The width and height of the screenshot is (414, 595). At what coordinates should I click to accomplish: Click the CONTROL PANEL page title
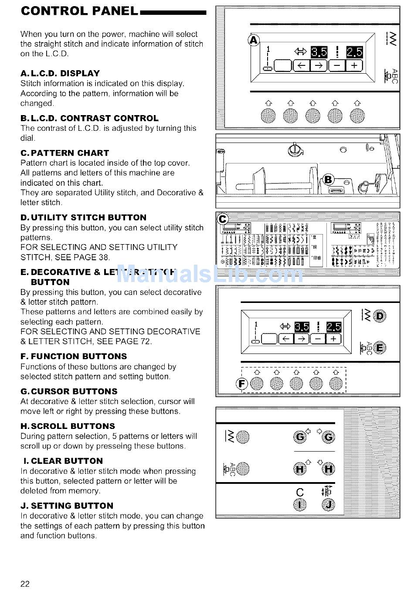click(x=79, y=11)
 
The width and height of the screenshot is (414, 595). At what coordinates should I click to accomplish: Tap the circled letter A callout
click(x=254, y=41)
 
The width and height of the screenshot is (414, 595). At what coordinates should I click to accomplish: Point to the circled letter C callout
click(x=223, y=219)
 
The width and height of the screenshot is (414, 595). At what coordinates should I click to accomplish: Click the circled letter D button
click(x=380, y=316)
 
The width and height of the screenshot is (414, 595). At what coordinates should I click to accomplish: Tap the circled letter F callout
click(x=241, y=384)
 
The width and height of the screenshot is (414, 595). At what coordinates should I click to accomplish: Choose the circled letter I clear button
click(x=300, y=505)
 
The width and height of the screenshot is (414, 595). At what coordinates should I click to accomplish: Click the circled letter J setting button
click(x=328, y=505)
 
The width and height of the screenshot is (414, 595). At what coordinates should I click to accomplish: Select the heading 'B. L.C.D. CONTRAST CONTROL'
click(x=89, y=118)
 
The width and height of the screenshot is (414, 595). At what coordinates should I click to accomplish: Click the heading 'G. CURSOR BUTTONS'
click(x=69, y=391)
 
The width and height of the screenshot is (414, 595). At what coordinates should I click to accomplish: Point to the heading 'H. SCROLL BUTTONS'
click(x=68, y=426)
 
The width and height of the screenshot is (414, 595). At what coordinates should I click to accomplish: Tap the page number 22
click(x=25, y=584)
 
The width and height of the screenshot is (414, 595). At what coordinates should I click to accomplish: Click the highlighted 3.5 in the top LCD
click(x=319, y=52)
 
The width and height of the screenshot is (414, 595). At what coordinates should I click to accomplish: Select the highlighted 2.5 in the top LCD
click(x=354, y=52)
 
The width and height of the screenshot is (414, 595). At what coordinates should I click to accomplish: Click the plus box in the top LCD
click(x=354, y=65)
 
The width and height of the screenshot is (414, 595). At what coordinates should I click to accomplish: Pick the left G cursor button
click(x=300, y=437)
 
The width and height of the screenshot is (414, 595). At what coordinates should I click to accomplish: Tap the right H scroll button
click(x=328, y=469)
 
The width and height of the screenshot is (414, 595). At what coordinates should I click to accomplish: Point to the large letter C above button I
click(x=300, y=492)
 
